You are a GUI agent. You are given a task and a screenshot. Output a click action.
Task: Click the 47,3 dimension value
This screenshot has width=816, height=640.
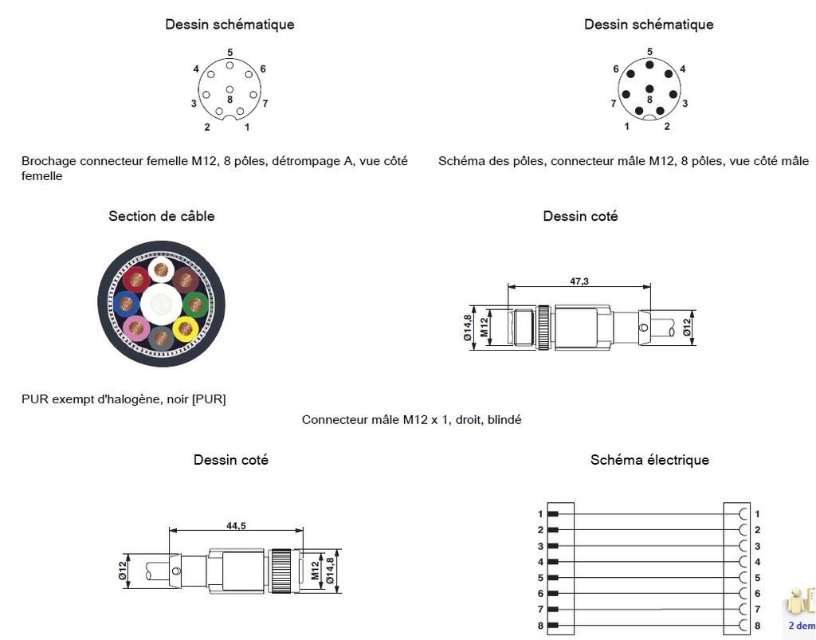click(579, 281)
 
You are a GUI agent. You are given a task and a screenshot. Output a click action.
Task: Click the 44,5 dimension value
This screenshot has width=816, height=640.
click(235, 525)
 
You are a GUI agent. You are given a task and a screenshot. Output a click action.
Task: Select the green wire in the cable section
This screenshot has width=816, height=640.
click(195, 304)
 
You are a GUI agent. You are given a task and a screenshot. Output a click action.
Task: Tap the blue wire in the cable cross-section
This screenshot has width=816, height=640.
click(127, 303)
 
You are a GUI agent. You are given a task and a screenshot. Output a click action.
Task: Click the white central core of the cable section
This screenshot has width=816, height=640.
click(161, 304)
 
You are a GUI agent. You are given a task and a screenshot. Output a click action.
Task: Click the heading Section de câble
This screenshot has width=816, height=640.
click(162, 216)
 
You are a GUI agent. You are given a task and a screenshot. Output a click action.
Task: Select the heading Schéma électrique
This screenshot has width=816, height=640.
click(649, 460)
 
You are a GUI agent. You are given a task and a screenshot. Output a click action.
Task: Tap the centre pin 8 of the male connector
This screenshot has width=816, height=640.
click(649, 88)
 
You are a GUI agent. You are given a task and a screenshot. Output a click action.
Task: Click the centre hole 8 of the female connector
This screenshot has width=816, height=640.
click(229, 88)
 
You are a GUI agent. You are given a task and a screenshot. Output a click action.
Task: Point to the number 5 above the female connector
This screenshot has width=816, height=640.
click(229, 52)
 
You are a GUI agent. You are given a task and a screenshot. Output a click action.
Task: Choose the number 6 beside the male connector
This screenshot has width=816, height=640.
click(616, 69)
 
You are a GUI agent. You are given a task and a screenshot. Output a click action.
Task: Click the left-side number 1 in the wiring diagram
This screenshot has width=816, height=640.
click(540, 514)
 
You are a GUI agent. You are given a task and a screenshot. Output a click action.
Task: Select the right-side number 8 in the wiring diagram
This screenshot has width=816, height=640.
click(757, 626)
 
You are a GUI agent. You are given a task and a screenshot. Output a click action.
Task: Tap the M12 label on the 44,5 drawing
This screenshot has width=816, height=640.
click(315, 571)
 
